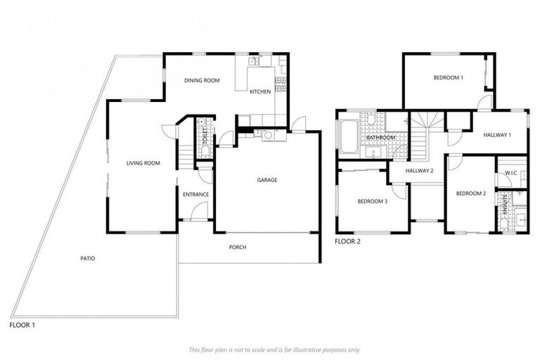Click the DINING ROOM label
coord(202,81)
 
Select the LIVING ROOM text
coord(143,163)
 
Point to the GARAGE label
coord(266,180)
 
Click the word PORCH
coord(238,247)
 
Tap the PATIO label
coord(87,259)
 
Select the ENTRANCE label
coord(195,194)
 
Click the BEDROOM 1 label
coord(447,77)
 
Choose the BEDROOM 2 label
coord(470,193)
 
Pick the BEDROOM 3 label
coord(372,201)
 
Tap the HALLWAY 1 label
coord(496,134)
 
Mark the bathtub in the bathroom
coord(349,137)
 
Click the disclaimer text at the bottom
coord(274,349)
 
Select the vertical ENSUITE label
coord(504,204)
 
